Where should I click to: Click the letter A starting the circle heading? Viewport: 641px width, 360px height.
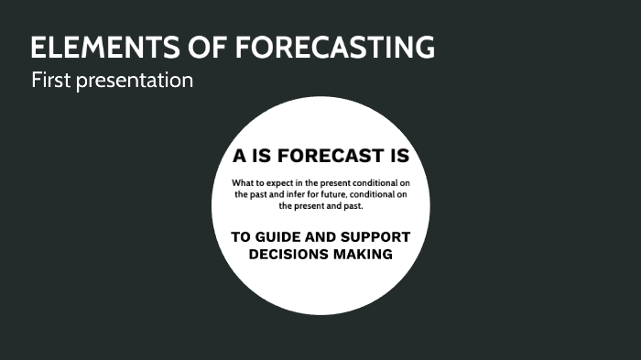click(239, 156)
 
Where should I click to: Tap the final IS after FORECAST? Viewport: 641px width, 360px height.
click(397, 156)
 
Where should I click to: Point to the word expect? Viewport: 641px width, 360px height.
click(281, 181)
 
